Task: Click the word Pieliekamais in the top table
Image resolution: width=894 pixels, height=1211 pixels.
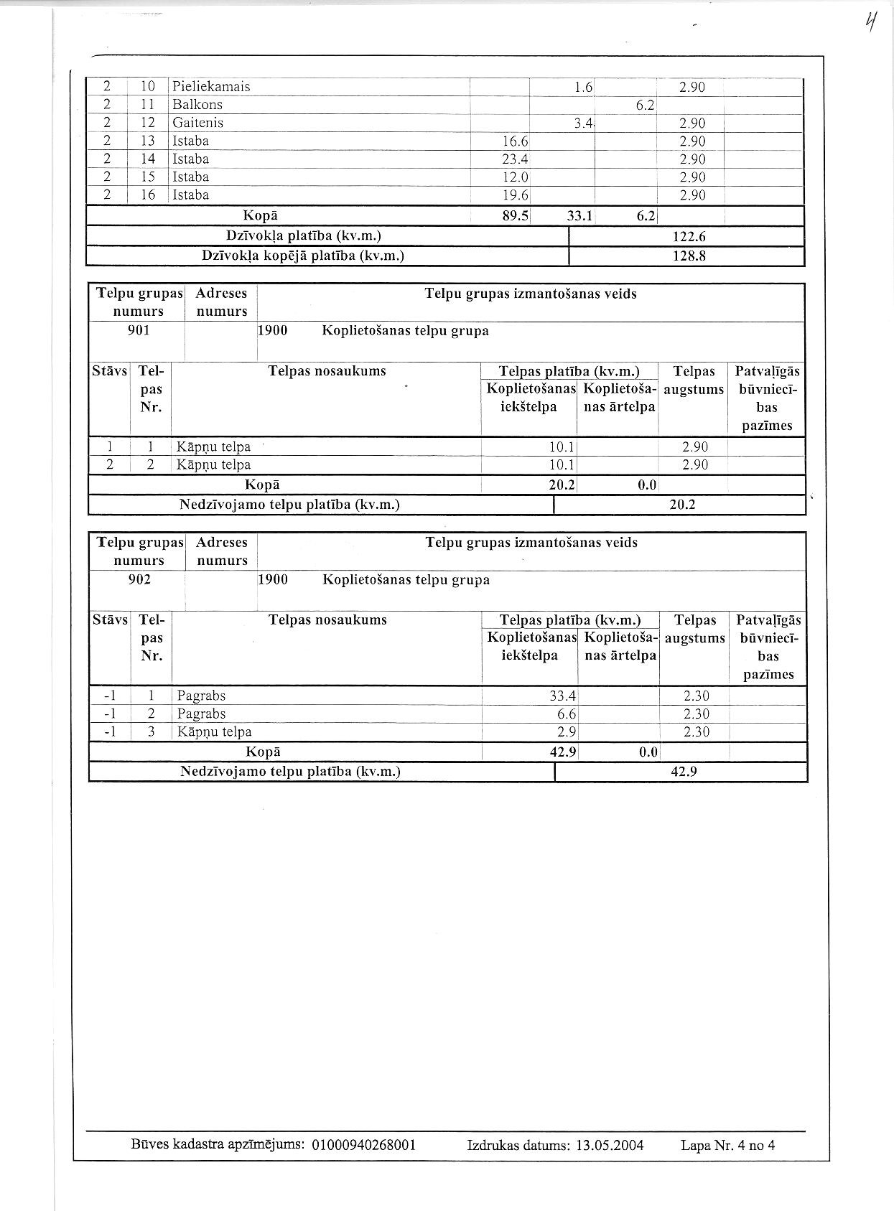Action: tap(211, 87)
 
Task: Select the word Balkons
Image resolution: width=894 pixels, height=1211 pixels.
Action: tap(197, 105)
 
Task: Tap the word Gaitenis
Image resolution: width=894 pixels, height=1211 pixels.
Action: tap(198, 123)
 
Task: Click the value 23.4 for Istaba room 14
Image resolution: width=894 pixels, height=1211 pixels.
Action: tap(515, 159)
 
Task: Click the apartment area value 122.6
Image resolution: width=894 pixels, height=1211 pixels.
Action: tap(689, 237)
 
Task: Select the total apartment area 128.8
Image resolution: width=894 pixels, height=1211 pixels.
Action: tap(689, 256)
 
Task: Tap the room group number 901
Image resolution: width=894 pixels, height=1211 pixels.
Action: tap(139, 330)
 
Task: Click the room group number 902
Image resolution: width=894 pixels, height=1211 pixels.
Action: tap(139, 579)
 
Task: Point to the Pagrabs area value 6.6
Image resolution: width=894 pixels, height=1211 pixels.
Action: tap(567, 714)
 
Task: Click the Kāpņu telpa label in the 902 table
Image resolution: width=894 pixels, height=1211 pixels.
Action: tap(214, 732)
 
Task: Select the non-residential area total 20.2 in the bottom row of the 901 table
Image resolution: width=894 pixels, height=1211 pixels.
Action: tap(681, 505)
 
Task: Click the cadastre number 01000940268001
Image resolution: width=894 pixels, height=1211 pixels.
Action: tap(364, 1145)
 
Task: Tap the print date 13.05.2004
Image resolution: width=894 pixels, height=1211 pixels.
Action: tap(610, 1145)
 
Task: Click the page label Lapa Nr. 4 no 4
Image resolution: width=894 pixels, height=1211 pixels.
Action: tap(727, 1145)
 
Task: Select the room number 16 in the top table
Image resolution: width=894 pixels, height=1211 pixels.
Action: tap(148, 195)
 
